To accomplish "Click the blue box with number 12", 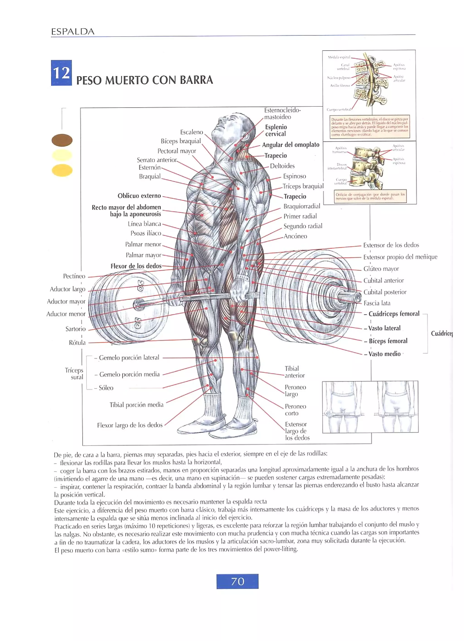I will click(x=61, y=73).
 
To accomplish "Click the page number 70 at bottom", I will click(x=237, y=581).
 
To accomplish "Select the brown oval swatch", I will click(x=62, y=140).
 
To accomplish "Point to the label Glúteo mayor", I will click(x=381, y=269).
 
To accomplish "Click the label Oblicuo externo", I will click(x=139, y=196).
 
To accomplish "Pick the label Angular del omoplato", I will click(x=290, y=145).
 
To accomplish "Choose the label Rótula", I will click(x=77, y=343).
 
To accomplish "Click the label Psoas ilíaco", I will click(x=146, y=233).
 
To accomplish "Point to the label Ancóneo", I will click(x=295, y=236).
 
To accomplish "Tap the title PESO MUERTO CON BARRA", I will click(x=144, y=80).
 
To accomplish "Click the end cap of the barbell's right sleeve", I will click(x=358, y=297).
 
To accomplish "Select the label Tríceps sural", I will click(x=74, y=374).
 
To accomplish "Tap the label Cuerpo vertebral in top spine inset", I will click(x=338, y=109).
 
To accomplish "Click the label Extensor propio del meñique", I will click(x=400, y=257).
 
